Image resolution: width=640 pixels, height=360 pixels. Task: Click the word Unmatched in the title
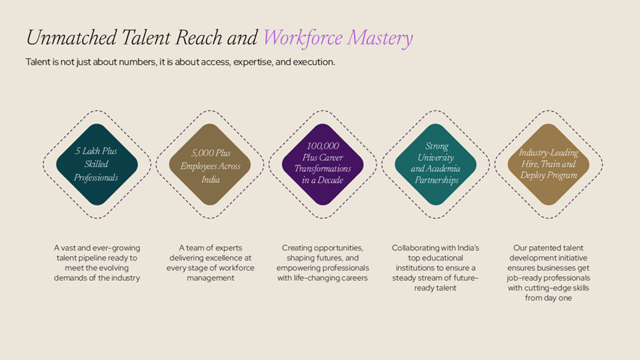[72, 37]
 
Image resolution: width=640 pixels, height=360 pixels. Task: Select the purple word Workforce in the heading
[303, 38]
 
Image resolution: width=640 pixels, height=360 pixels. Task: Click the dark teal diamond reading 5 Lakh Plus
[97, 164]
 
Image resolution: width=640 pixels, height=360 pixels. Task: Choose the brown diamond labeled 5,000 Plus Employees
[210, 164]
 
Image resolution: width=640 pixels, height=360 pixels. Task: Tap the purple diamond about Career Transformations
[323, 164]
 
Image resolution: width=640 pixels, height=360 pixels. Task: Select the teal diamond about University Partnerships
[436, 164]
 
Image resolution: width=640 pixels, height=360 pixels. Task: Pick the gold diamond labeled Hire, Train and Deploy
[549, 164]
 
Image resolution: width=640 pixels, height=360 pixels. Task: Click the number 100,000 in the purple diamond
[323, 146]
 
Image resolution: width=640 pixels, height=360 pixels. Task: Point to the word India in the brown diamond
[210, 179]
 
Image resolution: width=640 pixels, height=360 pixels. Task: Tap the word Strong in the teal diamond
[437, 146]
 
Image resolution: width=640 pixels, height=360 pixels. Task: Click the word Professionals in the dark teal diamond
[96, 177]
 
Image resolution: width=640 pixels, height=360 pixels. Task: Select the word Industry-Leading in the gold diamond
[549, 153]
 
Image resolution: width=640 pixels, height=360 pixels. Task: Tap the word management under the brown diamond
[211, 278]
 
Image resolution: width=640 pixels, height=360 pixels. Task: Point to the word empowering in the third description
[297, 268]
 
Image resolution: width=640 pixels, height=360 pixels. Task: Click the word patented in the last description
[545, 247]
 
